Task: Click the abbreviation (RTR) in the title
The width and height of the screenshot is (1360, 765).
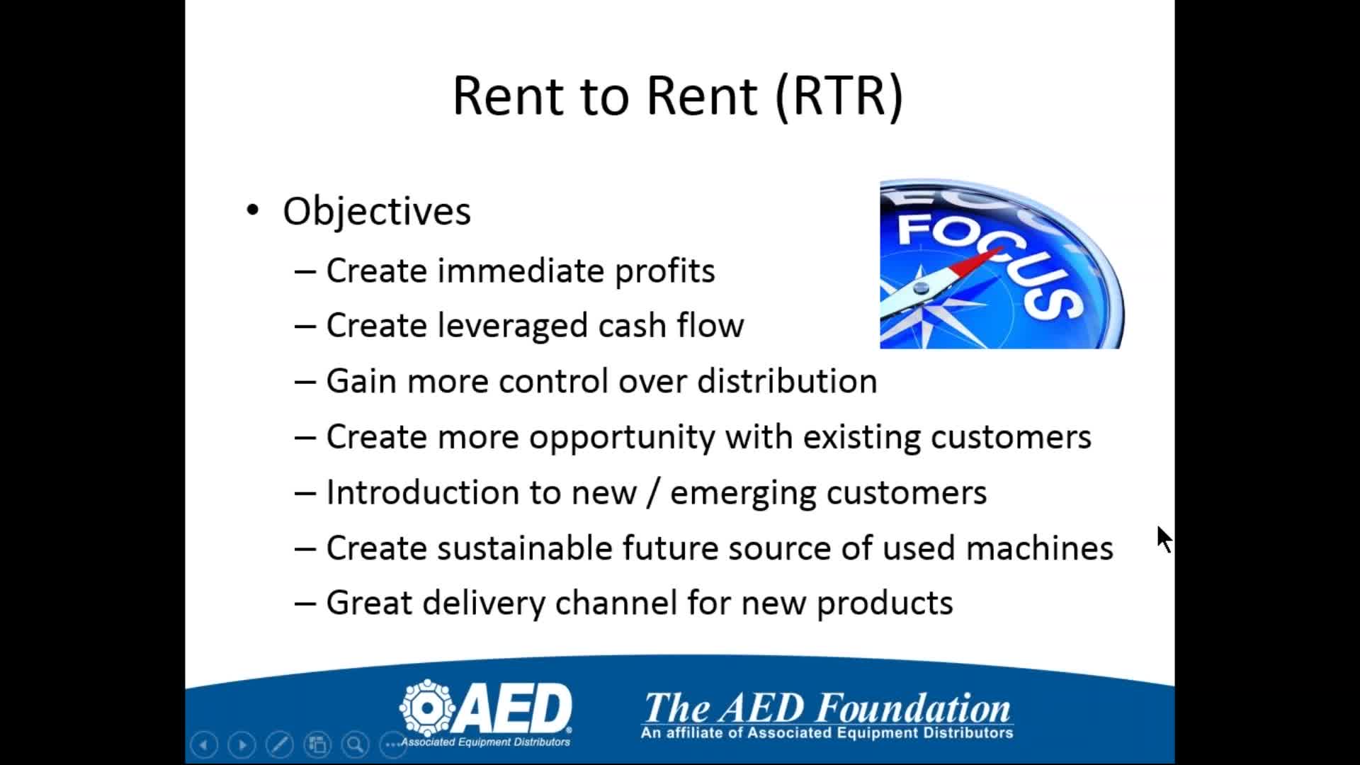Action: pyautogui.click(x=839, y=96)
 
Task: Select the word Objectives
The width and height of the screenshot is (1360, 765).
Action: pyautogui.click(x=377, y=212)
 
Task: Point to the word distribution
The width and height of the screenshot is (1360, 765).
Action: pyautogui.click(x=787, y=381)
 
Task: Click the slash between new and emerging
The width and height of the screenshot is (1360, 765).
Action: pyautogui.click(x=652, y=492)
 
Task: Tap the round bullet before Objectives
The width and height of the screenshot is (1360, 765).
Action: pyautogui.click(x=253, y=210)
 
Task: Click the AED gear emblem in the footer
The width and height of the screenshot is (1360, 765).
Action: pyautogui.click(x=427, y=708)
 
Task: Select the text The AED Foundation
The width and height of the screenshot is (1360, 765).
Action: pyautogui.click(x=827, y=708)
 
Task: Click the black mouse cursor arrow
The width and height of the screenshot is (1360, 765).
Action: pyautogui.click(x=1164, y=540)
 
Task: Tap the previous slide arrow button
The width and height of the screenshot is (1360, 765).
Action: pyautogui.click(x=204, y=744)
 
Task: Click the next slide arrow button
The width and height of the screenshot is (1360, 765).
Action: pyautogui.click(x=242, y=744)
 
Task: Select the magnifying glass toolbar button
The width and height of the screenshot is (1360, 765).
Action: pyautogui.click(x=355, y=744)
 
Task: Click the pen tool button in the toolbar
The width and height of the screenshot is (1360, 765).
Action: pyautogui.click(x=279, y=744)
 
